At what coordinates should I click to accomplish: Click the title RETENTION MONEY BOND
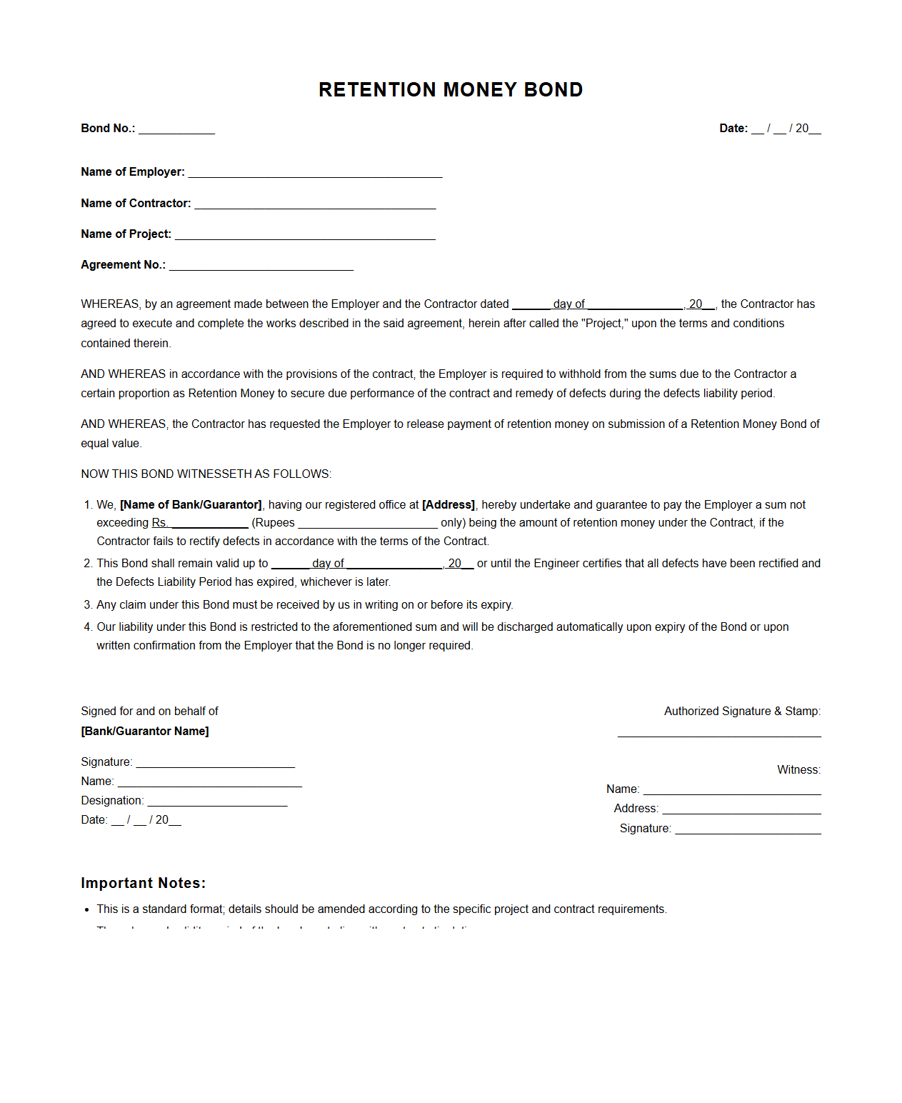(x=451, y=90)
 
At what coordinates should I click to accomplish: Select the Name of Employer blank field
(x=315, y=174)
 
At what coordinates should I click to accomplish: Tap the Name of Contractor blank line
(x=315, y=205)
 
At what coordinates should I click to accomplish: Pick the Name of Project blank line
(x=305, y=236)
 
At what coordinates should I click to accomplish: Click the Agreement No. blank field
(x=261, y=266)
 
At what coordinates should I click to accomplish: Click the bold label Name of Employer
(x=133, y=172)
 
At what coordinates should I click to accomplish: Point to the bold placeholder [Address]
(x=449, y=505)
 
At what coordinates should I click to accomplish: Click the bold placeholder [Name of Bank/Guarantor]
(x=191, y=505)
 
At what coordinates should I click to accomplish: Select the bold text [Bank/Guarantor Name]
(x=145, y=732)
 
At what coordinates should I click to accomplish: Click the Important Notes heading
(x=143, y=883)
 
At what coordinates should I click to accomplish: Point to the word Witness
(x=798, y=770)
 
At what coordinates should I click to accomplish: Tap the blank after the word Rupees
(x=367, y=524)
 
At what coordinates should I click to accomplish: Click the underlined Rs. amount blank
(x=209, y=524)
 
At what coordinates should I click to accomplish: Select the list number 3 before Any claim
(x=88, y=605)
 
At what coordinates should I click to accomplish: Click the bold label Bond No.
(x=108, y=129)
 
